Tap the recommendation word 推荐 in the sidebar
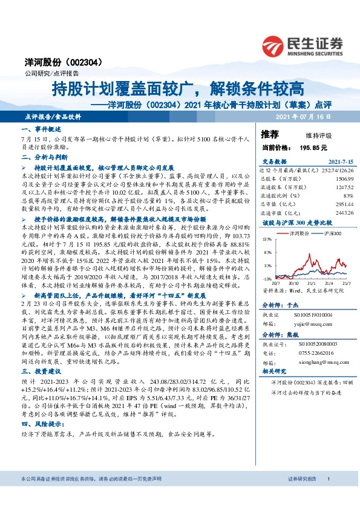[x=270, y=134]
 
